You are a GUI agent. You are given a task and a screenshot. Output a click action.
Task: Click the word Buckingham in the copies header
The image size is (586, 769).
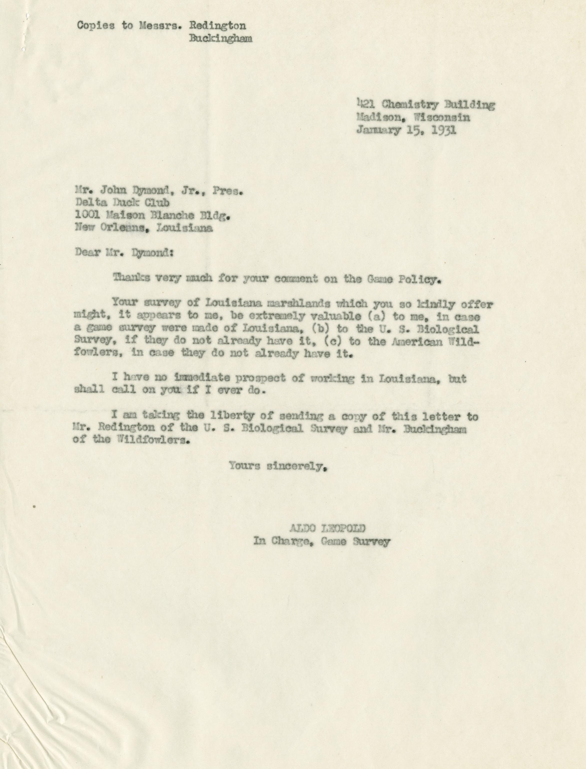pyautogui.click(x=220, y=38)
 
